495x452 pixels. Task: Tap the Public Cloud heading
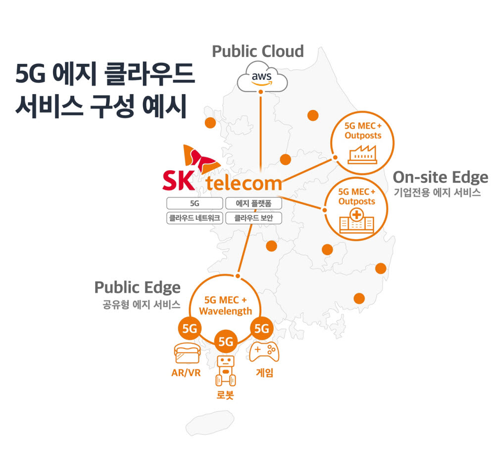pyautogui.click(x=258, y=51)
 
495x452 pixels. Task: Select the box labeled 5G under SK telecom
pyautogui.click(x=195, y=203)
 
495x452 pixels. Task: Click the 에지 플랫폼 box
pyautogui.click(x=253, y=203)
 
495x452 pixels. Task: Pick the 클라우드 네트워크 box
pyautogui.click(x=195, y=218)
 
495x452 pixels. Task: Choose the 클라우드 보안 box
pyautogui.click(x=253, y=218)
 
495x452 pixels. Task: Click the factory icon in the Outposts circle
pyautogui.click(x=362, y=154)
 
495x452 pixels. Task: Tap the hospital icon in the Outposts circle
pyautogui.click(x=357, y=220)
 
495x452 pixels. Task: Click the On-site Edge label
pyautogui.click(x=441, y=178)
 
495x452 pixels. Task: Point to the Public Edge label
pyautogui.click(x=138, y=288)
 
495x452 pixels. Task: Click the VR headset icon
pyautogui.click(x=187, y=353)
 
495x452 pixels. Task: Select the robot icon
pyautogui.click(x=225, y=371)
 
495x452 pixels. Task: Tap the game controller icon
pyautogui.click(x=264, y=352)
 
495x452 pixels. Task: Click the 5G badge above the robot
pyautogui.click(x=226, y=342)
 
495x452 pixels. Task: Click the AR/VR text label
pyautogui.click(x=186, y=373)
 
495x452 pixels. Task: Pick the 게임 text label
pyautogui.click(x=264, y=372)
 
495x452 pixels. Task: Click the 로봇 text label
pyautogui.click(x=225, y=395)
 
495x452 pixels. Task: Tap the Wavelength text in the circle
pyautogui.click(x=225, y=311)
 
